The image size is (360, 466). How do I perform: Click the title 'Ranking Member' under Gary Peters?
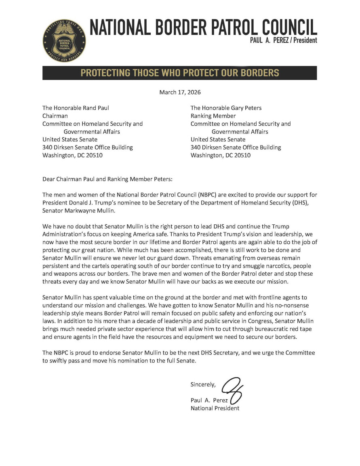pyautogui.click(x=210, y=116)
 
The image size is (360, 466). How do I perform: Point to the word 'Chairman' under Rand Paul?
pyautogui.click(x=55, y=116)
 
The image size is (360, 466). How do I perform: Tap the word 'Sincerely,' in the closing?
pyautogui.click(x=204, y=384)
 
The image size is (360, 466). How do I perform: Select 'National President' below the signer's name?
pyautogui.click(x=215, y=408)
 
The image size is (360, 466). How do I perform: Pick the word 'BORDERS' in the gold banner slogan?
pyautogui.click(x=257, y=73)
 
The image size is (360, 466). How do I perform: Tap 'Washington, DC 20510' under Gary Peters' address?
pyautogui.click(x=220, y=155)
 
